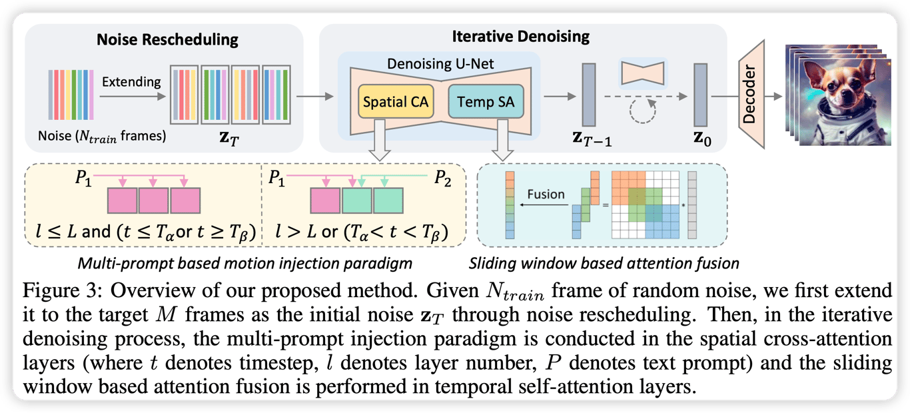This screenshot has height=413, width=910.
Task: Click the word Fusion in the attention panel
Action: coord(546,195)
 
